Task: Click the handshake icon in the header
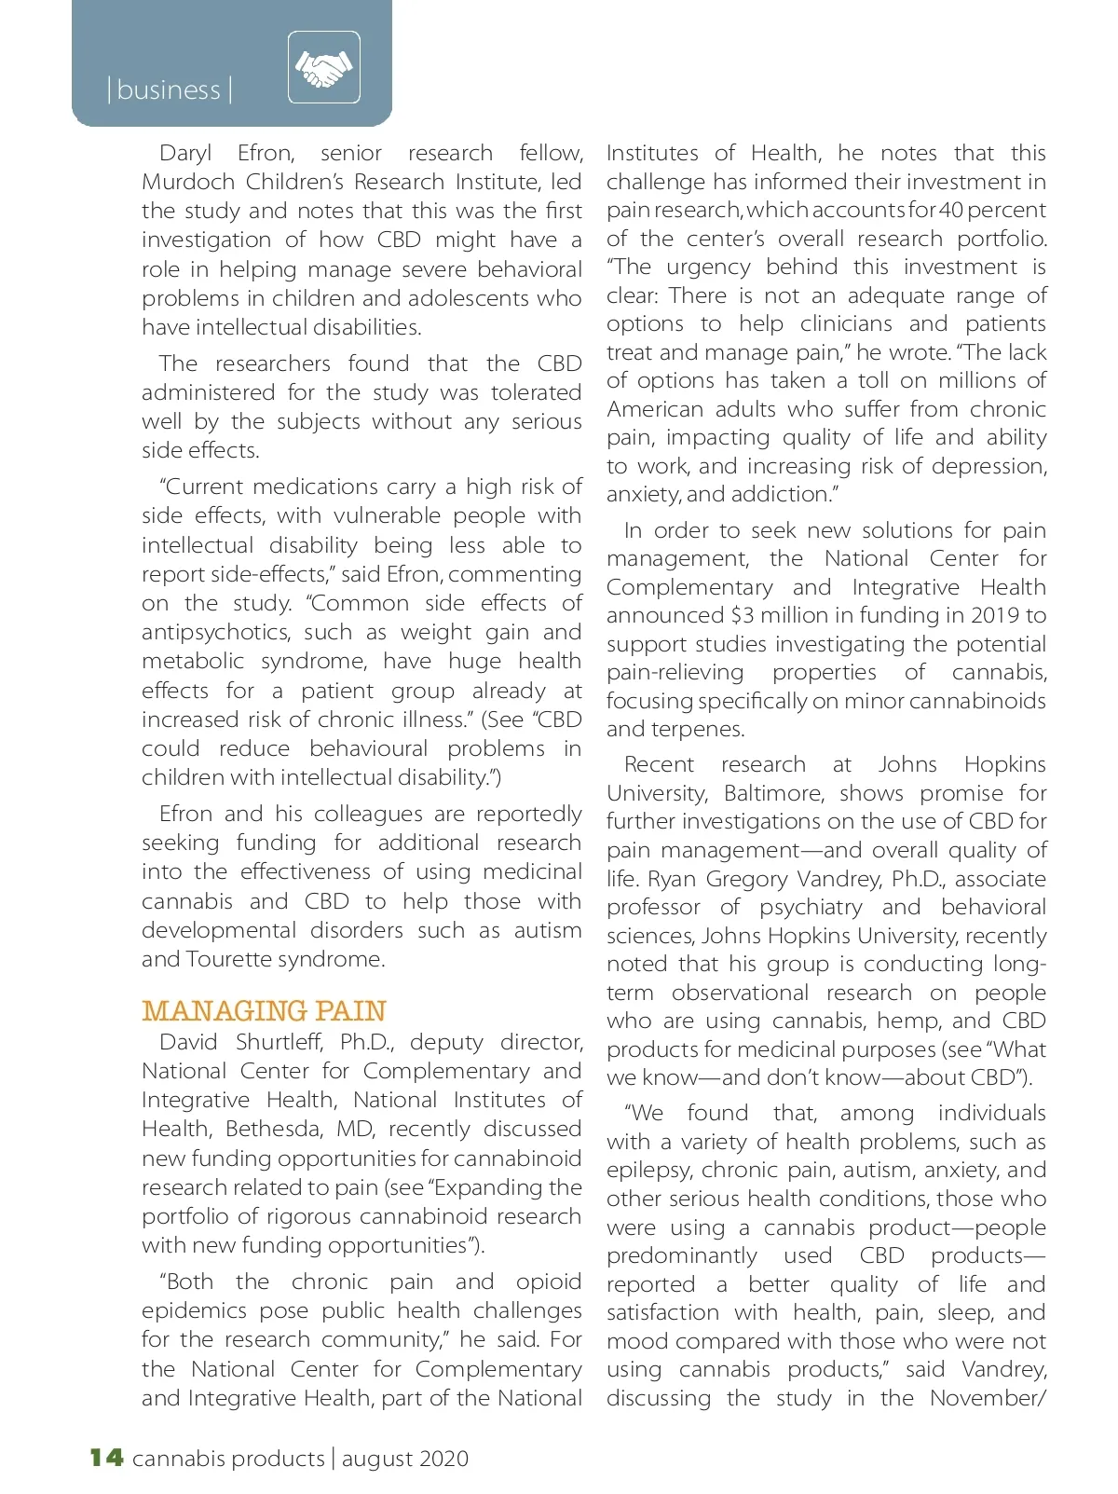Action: pos(323,67)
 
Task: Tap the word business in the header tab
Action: pos(169,90)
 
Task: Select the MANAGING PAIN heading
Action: pos(264,1011)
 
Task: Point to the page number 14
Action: pos(106,1458)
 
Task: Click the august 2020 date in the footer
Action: pos(405,1459)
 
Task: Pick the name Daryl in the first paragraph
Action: pos(185,153)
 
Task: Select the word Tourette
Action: pos(230,959)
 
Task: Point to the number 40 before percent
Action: pos(951,211)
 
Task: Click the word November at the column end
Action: pos(986,1398)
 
